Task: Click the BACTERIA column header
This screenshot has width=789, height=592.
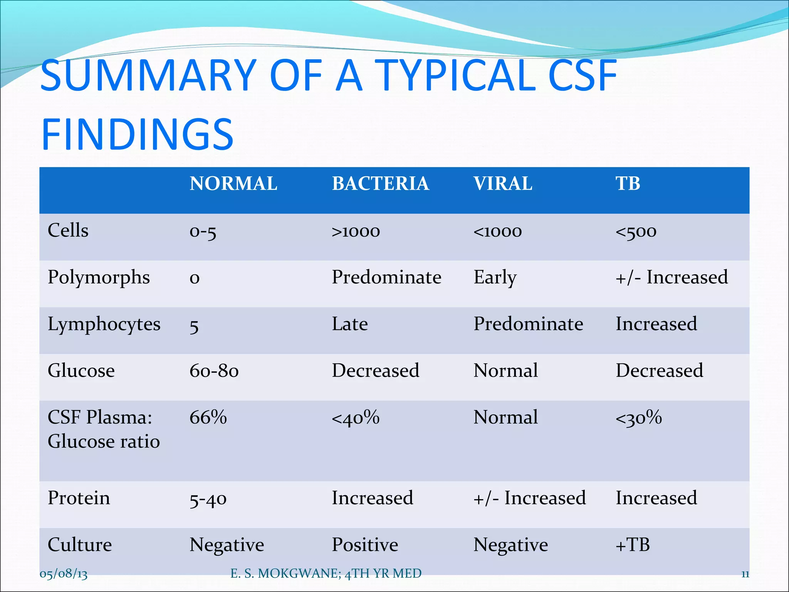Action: (x=380, y=183)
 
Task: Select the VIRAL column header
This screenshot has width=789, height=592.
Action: (x=503, y=183)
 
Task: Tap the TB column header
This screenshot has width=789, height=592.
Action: (x=628, y=183)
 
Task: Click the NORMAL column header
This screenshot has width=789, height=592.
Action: (x=233, y=183)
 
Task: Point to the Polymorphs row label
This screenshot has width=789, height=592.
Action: (x=99, y=277)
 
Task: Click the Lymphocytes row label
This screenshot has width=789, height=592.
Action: (x=104, y=324)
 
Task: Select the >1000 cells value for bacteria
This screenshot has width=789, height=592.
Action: (x=356, y=231)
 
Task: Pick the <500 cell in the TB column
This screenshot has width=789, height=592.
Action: (x=636, y=231)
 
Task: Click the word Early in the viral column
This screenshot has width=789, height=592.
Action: (x=495, y=277)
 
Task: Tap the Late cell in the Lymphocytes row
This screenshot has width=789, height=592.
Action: (x=350, y=324)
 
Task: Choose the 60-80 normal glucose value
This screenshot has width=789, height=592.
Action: (x=214, y=371)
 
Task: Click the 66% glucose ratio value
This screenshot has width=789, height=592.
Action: (x=208, y=417)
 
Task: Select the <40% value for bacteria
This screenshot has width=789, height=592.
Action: (x=356, y=417)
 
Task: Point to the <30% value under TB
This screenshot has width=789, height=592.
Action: (x=638, y=417)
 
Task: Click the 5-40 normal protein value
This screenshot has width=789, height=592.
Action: (x=208, y=499)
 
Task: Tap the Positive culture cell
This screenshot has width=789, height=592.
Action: (x=365, y=545)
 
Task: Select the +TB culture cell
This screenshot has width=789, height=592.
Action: (x=633, y=545)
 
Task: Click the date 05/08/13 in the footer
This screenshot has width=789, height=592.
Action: (x=64, y=573)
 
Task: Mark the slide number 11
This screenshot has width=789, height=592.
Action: (x=745, y=574)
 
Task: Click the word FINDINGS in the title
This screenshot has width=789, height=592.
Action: (x=138, y=134)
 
